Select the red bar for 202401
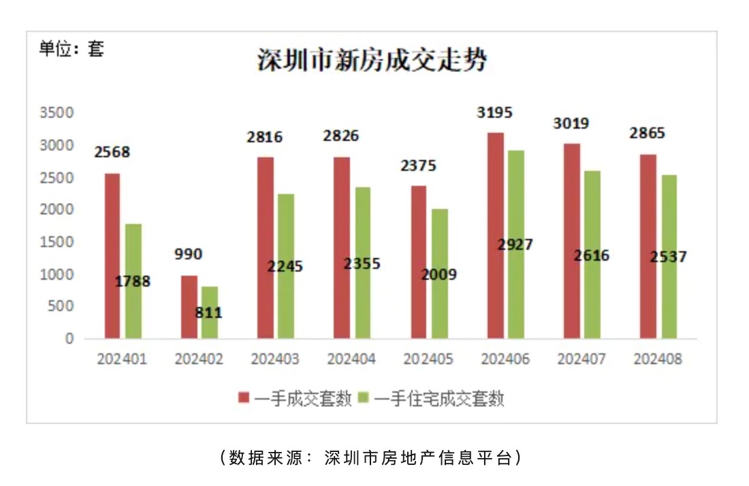coord(112,255)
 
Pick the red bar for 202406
coord(496,235)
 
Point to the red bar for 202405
coord(419,262)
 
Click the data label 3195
coord(494,113)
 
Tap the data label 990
coord(188,255)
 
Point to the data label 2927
coord(515,245)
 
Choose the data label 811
coord(208,314)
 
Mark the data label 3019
coord(571,124)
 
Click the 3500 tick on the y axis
coord(60,113)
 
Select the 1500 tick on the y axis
coord(60,242)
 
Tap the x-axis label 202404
coord(351,359)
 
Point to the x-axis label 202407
coord(581,359)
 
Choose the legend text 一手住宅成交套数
coord(439,399)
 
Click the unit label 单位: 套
coord(71,49)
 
